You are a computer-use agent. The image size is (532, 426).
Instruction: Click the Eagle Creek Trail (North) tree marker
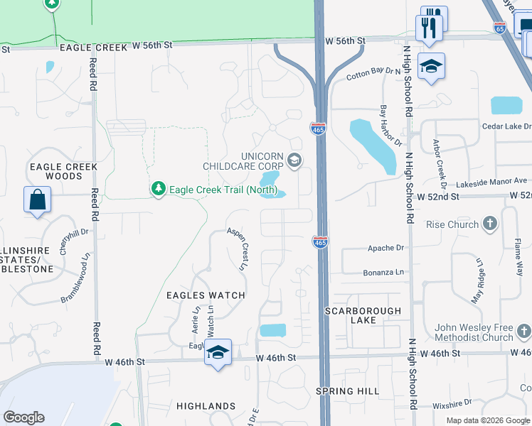point(158,189)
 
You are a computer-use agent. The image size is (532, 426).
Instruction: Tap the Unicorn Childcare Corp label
point(262,161)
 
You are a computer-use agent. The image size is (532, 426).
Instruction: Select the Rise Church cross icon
point(489,225)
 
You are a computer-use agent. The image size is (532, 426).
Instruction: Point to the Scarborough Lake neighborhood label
point(363,315)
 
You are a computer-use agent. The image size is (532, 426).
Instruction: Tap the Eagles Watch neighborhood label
point(206,295)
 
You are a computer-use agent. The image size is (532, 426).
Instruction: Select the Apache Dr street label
point(385,248)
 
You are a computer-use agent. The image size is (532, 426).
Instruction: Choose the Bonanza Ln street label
point(385,272)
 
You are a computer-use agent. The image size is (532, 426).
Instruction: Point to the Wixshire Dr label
point(447,405)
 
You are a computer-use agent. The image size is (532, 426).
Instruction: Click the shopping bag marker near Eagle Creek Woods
point(37,200)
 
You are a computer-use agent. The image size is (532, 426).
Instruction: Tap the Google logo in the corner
point(23,417)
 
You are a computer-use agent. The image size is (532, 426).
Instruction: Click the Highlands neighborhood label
point(206,406)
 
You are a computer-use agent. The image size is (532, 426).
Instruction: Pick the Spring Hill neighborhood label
point(349,391)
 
